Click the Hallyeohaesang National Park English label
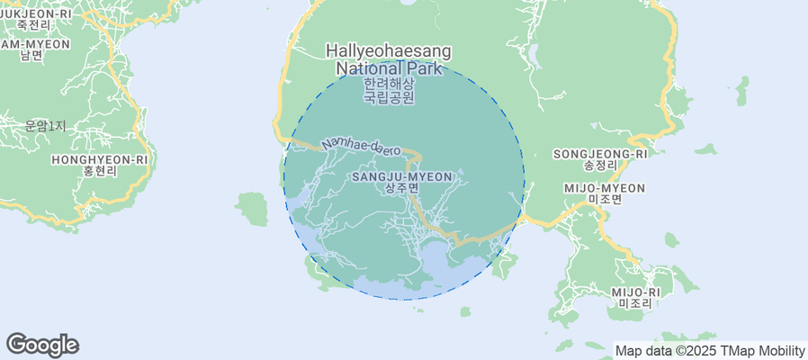tap(389, 59)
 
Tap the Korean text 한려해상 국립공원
tap(389, 91)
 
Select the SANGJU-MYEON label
tap(401, 177)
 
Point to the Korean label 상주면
tap(401, 189)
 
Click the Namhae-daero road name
tap(361, 145)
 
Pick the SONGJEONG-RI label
tap(600, 154)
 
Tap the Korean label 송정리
tap(600, 166)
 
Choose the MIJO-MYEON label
tap(604, 187)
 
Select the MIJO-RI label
tap(635, 292)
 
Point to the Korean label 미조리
tap(635, 304)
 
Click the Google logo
tap(42, 345)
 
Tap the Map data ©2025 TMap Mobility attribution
tap(709, 351)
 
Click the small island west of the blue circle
tap(253, 209)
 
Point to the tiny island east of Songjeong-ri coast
tap(742, 91)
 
